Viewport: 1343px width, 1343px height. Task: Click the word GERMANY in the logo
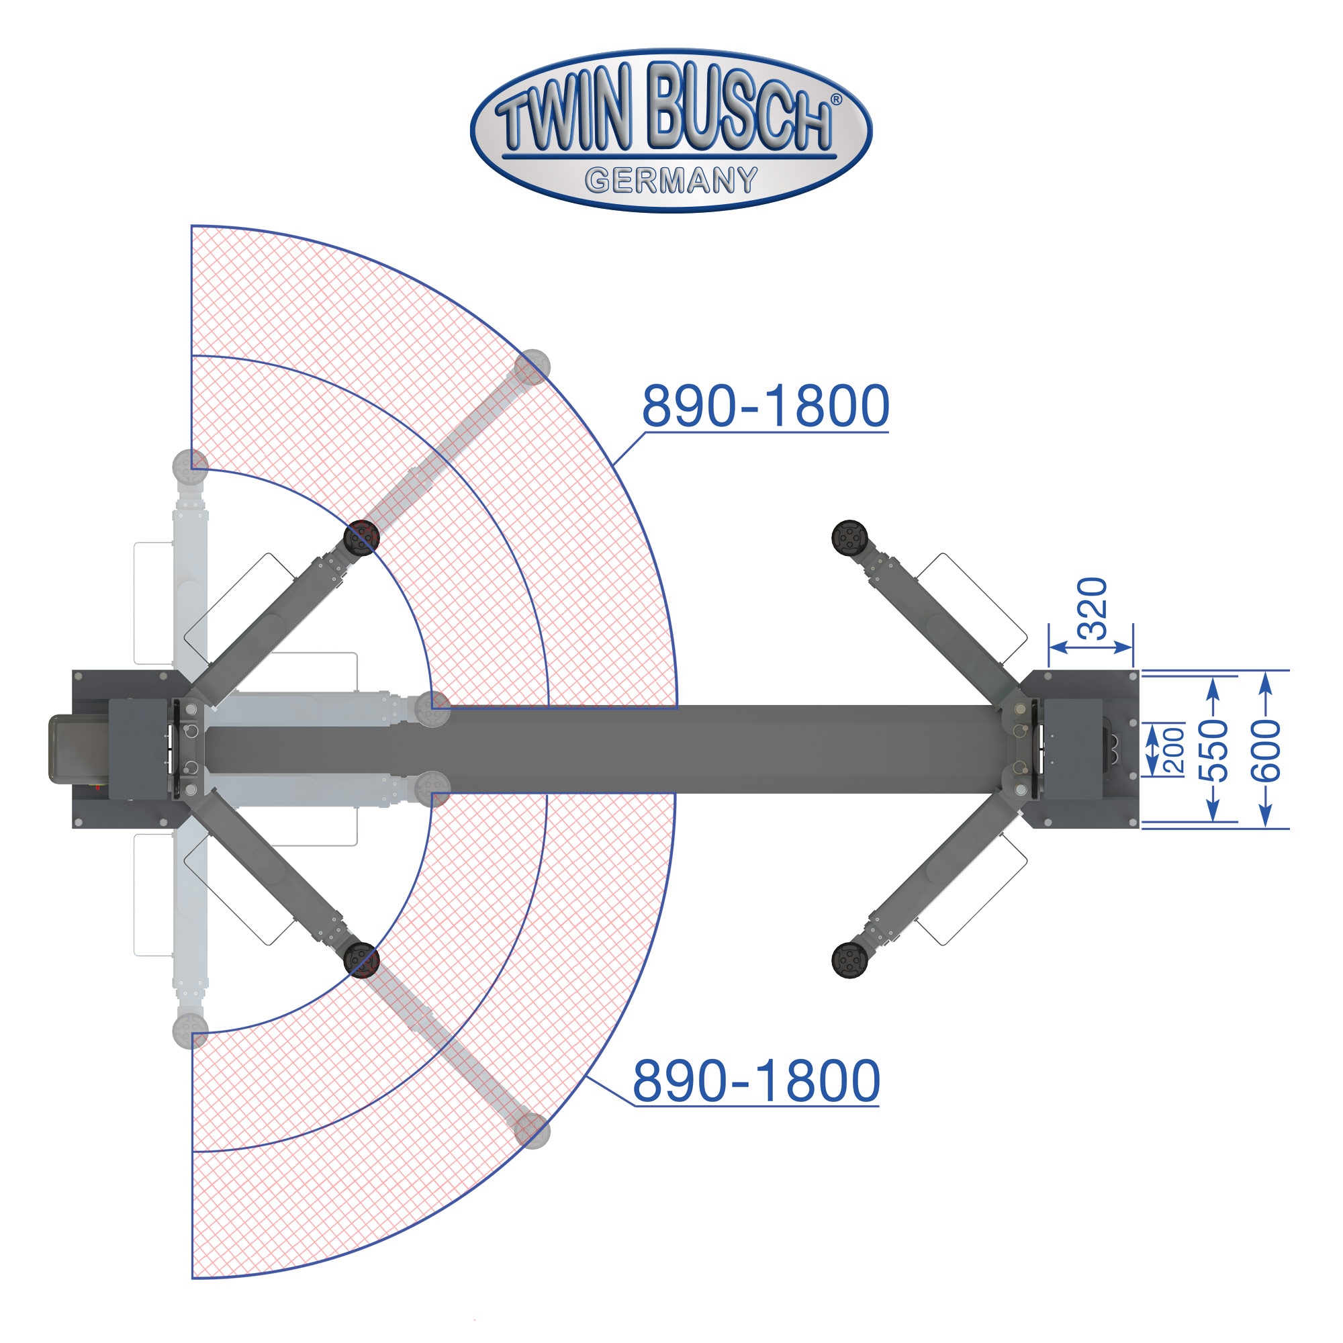coord(671,181)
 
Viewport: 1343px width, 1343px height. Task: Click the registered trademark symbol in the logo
coord(836,99)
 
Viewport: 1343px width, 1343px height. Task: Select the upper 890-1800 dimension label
coord(766,406)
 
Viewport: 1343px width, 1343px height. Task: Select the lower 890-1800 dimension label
coord(756,1081)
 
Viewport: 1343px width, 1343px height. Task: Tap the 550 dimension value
coord(1213,751)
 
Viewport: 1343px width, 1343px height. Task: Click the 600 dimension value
coord(1265,751)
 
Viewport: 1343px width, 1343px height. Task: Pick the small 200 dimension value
coord(1174,750)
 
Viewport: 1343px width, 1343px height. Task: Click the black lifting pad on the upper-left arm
coord(361,537)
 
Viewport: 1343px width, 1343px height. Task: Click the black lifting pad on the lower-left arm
coord(361,960)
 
